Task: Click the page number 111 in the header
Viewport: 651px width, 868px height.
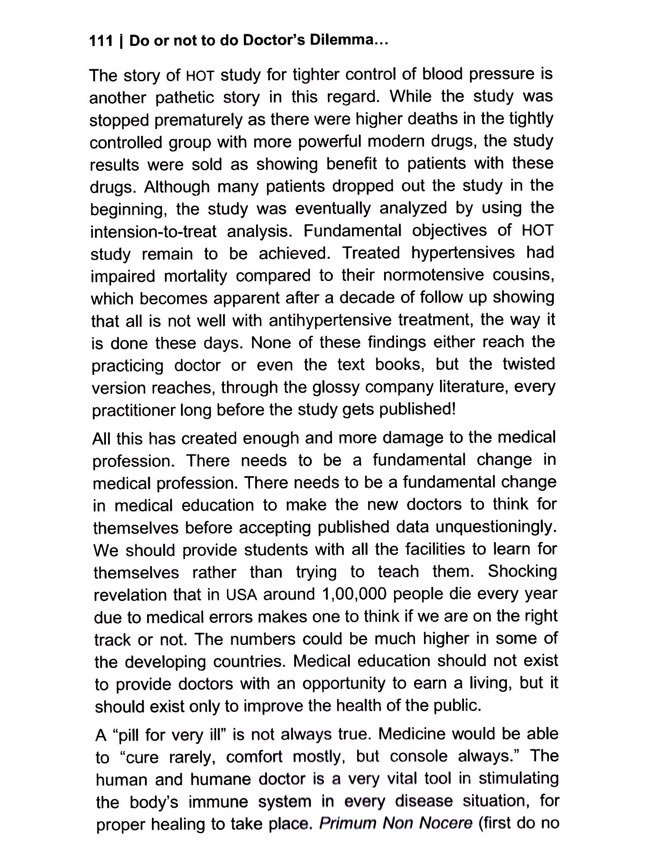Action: point(101,41)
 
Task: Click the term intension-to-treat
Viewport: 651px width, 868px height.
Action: point(153,232)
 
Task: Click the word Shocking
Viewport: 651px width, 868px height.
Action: point(522,572)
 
